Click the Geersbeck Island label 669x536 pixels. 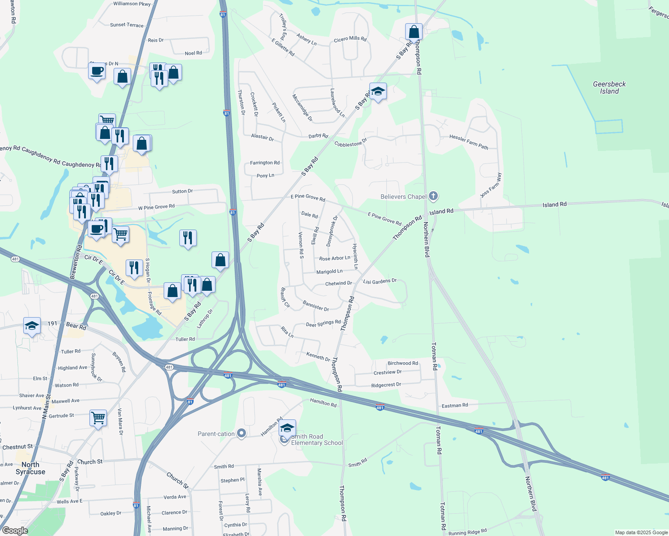point(609,88)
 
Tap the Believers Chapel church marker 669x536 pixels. point(433,196)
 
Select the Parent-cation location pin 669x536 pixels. point(241,433)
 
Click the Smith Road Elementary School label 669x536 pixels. point(317,440)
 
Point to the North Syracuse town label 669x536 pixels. point(30,468)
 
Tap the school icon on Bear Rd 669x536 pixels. point(32,326)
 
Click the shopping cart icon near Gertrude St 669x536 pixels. point(98,418)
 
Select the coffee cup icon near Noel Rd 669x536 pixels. point(97,71)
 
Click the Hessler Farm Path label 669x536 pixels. point(469,142)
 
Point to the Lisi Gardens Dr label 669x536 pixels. point(380,281)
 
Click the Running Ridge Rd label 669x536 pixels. point(467,532)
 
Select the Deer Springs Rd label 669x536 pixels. point(323,323)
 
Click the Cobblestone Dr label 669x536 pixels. point(351,143)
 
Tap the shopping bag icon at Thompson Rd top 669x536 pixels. point(414,32)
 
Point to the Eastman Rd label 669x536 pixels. point(454,406)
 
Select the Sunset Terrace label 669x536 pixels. point(127,25)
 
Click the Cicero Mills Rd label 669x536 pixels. point(350,39)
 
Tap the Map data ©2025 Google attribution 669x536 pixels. point(641,532)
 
